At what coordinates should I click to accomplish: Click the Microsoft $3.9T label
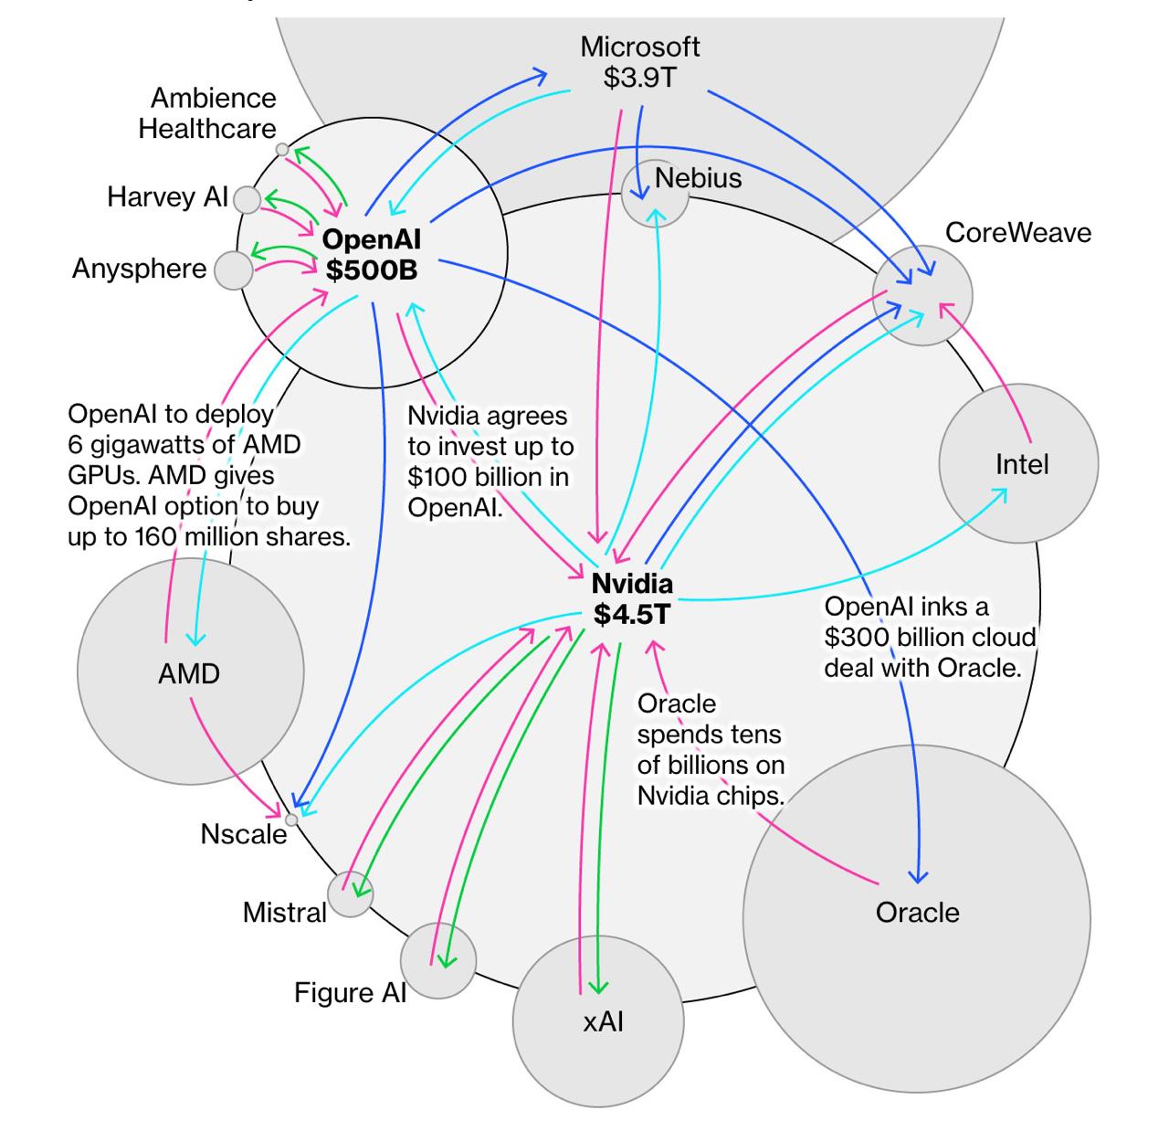pyautogui.click(x=640, y=62)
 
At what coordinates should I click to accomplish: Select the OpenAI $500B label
pyautogui.click(x=371, y=255)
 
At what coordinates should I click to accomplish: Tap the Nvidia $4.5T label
pyautogui.click(x=632, y=599)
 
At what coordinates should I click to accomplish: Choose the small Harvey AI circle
pyautogui.click(x=247, y=199)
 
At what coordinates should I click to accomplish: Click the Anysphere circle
pyautogui.click(x=234, y=270)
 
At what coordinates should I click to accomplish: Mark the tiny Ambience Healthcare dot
pyautogui.click(x=282, y=149)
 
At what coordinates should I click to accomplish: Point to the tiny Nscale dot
pyautogui.click(x=291, y=819)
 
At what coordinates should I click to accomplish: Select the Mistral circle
pyautogui.click(x=351, y=894)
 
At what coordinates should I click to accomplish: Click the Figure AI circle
pyautogui.click(x=438, y=960)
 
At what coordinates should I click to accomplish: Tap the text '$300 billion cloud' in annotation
pyautogui.click(x=930, y=638)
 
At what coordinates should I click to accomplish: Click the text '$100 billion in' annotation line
pyautogui.click(x=489, y=477)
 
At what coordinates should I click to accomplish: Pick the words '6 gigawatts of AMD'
pyautogui.click(x=184, y=445)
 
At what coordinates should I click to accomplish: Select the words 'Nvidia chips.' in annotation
pyautogui.click(x=711, y=796)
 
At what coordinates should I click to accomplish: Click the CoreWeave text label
pyautogui.click(x=1017, y=233)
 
